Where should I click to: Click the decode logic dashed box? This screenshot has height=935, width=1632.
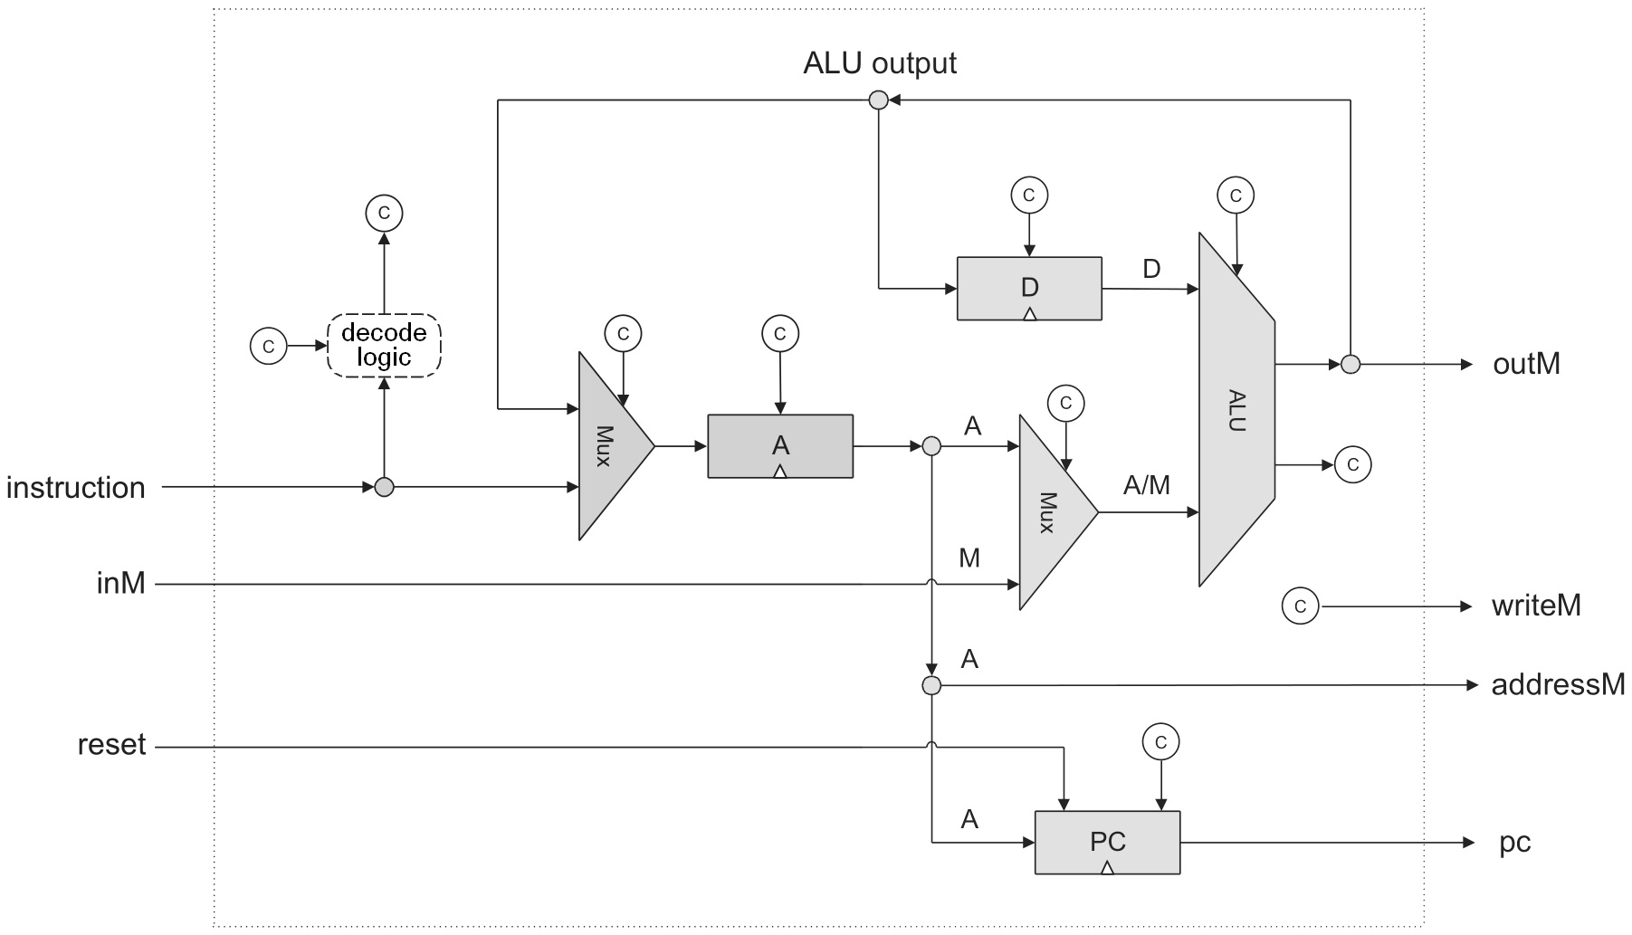point(384,345)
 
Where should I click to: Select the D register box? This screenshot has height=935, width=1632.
point(1029,288)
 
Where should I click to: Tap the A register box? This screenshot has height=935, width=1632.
point(779,445)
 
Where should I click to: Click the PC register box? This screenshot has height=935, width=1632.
point(1107,842)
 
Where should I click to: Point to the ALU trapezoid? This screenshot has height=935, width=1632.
point(1236,410)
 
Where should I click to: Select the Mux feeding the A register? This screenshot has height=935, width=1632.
point(611,446)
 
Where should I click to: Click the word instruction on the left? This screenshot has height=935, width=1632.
point(76,488)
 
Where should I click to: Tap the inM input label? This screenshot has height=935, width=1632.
point(121,583)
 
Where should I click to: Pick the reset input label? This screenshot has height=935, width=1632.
point(111,745)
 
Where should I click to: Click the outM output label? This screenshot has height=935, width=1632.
point(1526,364)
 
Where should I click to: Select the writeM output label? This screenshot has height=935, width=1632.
point(1536,606)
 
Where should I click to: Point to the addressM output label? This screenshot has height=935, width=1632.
point(1558,684)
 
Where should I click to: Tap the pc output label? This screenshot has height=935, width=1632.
point(1514,843)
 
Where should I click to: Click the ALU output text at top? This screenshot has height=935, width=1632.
point(879,63)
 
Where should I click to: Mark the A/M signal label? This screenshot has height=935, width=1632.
point(1146,486)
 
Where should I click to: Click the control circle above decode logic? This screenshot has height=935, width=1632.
point(384,213)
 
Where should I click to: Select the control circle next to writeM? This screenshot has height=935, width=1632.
point(1301,606)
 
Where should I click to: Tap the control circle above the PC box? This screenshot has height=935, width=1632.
point(1161,742)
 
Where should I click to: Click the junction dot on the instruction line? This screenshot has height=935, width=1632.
point(385,488)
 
